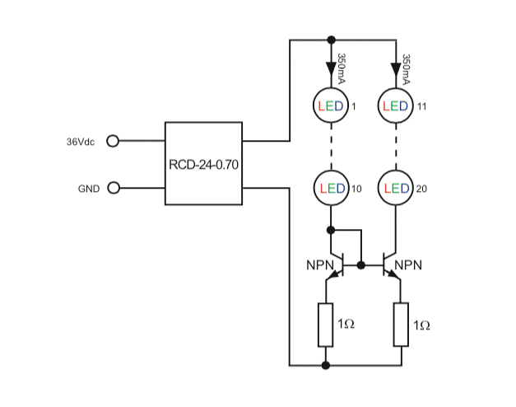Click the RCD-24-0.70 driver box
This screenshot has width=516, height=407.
pos(203,163)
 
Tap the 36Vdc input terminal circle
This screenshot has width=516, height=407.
pos(114,141)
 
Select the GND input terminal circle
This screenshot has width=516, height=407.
pos(114,188)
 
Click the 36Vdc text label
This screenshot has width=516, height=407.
pos(81,142)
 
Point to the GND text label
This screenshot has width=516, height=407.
pos(88,189)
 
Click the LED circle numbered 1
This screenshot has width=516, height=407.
pos(330,106)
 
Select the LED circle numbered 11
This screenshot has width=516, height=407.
pos(396,106)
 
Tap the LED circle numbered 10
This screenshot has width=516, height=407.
pos(330,189)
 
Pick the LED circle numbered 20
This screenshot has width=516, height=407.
pos(396,189)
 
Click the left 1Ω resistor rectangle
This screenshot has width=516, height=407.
pos(326,325)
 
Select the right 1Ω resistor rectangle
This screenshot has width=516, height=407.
pos(402,325)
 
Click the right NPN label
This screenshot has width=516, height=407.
pos(408,265)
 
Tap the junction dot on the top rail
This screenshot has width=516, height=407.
pos(330,39)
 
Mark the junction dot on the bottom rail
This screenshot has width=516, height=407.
pos(326,364)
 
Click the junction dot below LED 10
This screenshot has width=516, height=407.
pos(330,230)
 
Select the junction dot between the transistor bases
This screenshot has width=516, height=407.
pos(361,265)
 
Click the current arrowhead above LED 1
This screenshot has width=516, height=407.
pos(330,63)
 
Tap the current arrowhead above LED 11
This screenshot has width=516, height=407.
pos(396,63)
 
